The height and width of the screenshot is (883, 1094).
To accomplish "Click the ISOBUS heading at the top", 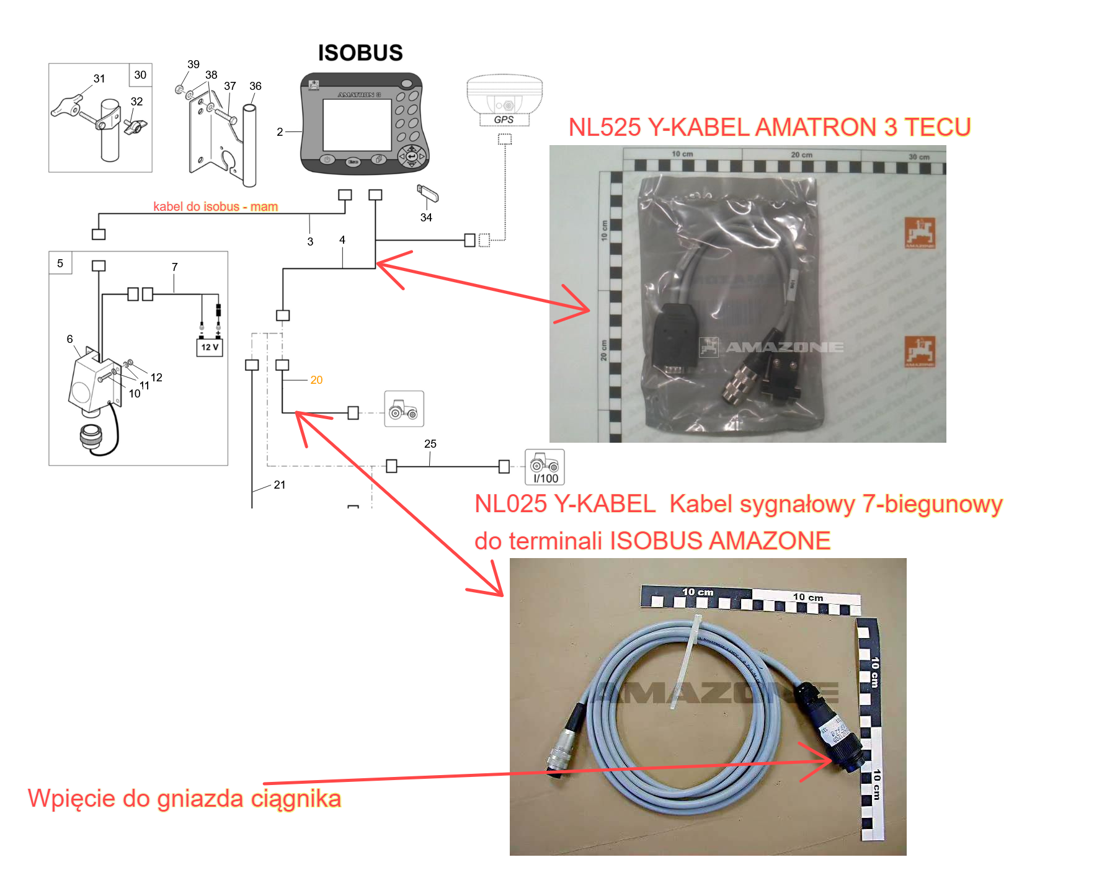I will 360,53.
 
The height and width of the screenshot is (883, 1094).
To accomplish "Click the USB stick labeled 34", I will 428,194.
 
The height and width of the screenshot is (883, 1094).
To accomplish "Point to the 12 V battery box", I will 210,347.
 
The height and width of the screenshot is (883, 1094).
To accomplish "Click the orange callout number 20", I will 316,380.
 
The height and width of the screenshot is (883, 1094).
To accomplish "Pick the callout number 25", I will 430,444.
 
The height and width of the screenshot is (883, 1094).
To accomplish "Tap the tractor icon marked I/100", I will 545,467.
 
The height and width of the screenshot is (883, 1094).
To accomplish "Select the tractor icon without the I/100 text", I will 404,409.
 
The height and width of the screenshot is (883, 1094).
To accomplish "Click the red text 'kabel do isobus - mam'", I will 215,206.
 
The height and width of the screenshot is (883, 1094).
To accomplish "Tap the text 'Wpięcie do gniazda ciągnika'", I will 184,799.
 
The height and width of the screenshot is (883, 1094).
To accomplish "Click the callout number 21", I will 280,485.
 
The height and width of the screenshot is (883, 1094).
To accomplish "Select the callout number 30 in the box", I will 140,75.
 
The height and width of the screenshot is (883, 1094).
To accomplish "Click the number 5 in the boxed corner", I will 60,263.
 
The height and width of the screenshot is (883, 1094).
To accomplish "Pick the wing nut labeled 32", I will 136,126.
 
